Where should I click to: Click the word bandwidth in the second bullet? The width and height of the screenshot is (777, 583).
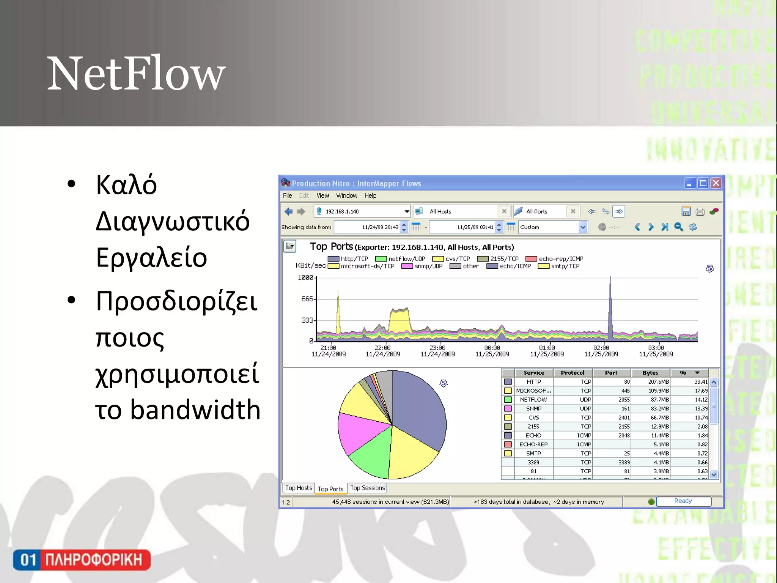195,410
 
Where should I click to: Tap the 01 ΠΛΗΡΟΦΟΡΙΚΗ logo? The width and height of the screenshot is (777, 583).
82,560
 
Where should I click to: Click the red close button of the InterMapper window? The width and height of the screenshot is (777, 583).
716,183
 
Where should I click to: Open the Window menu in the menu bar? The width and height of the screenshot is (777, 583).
346,195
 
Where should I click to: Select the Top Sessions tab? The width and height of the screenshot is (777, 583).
367,488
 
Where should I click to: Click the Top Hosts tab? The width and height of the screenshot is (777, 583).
299,488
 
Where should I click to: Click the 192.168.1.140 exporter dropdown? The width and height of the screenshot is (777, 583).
363,211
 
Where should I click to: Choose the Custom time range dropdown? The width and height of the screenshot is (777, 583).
553,227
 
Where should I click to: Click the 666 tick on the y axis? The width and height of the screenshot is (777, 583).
307,299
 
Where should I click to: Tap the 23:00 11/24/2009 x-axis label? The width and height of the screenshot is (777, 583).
437,351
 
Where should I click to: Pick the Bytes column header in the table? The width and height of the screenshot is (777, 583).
650,373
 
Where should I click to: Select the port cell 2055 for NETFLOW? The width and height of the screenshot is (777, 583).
623,400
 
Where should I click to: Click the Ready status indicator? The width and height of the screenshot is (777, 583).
683,501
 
